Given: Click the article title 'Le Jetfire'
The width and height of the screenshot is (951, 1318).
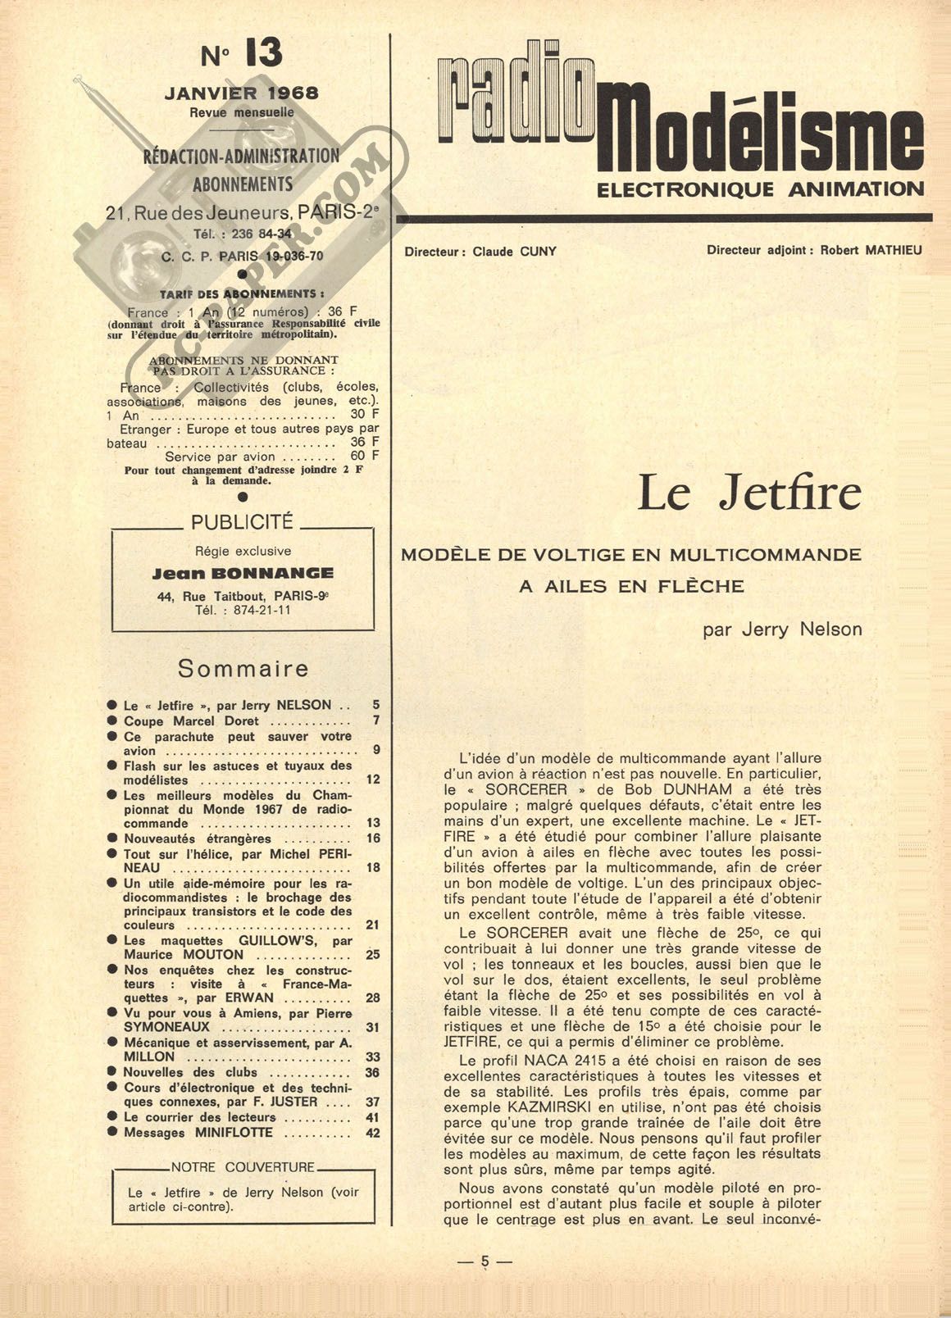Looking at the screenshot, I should pyautogui.click(x=749, y=493).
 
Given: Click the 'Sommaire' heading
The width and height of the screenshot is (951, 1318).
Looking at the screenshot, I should pyautogui.click(x=243, y=669).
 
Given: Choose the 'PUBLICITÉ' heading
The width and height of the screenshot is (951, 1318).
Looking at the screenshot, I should pyautogui.click(x=241, y=522).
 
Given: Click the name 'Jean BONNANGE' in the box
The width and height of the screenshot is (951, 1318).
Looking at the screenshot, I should pyautogui.click(x=243, y=574).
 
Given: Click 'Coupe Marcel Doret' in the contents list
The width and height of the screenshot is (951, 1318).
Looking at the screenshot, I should pyautogui.click(x=191, y=721).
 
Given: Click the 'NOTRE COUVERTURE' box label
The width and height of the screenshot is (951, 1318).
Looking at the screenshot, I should pyautogui.click(x=242, y=1167).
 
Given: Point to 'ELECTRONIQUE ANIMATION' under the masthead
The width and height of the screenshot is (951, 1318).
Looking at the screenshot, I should pyautogui.click(x=760, y=189).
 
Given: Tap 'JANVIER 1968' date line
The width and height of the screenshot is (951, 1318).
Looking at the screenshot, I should pyautogui.click(x=241, y=93).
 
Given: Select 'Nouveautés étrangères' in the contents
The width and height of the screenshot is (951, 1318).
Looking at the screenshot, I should pyautogui.click(x=197, y=839).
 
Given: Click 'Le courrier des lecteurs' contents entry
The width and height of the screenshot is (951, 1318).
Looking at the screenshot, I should pyautogui.click(x=199, y=1117).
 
